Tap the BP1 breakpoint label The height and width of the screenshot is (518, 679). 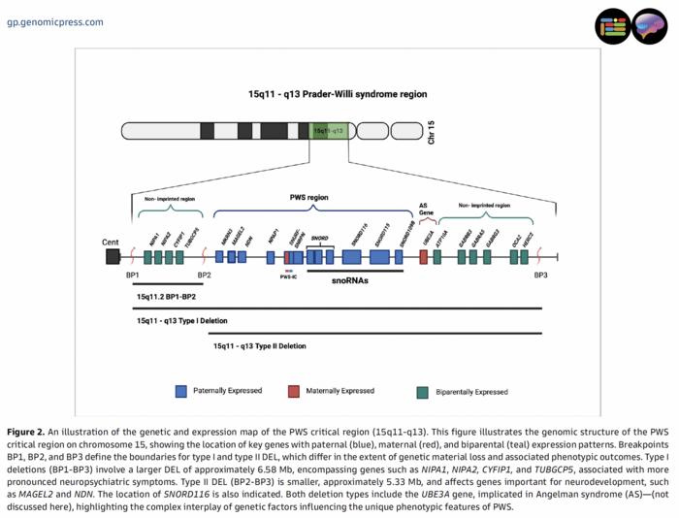pos(132,276)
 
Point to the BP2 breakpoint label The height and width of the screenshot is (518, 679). pos(204,276)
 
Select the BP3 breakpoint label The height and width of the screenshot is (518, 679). pos(541,276)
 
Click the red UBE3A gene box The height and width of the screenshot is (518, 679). pos(424,257)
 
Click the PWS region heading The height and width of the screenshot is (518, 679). pos(308,197)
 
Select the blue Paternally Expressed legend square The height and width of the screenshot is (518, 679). pos(180,391)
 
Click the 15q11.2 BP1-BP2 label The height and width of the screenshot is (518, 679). pos(167,296)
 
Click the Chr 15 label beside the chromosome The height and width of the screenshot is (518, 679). pos(431,132)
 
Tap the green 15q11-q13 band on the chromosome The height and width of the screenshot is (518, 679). pos(329,131)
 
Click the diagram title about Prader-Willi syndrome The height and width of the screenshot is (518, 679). pos(337,94)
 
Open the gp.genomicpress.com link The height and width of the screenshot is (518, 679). pos(54,21)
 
